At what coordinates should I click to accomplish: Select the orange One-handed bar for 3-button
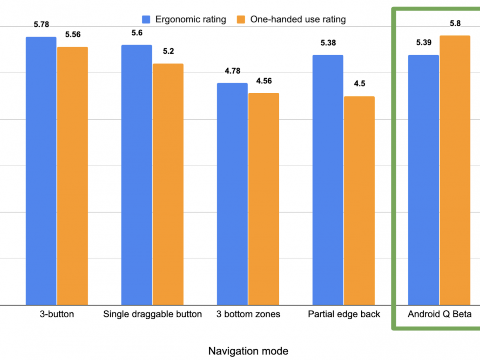pos(72,176)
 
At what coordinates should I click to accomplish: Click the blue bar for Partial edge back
pos(328,180)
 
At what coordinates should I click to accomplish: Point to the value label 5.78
pos(42,24)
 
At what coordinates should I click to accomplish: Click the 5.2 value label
pos(168,51)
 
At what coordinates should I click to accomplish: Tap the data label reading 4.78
pos(232,71)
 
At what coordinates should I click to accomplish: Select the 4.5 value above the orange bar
pos(359,84)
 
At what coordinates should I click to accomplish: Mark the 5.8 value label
pos(455,24)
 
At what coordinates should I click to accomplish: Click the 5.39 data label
pos(424,43)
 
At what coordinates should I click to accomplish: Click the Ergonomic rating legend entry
pos(184,19)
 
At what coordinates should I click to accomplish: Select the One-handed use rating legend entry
pos(292,19)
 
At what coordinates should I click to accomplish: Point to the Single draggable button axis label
pos(152,314)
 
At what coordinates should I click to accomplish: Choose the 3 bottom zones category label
pos(248,314)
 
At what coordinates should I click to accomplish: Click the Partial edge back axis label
pos(344,314)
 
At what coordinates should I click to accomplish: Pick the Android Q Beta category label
pos(440,314)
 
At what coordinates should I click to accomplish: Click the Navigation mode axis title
pos(248,351)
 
